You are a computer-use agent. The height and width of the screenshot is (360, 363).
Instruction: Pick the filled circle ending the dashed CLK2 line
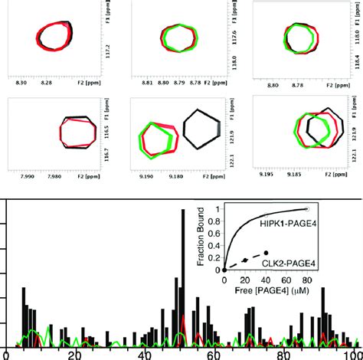pyautogui.click(x=266, y=253)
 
